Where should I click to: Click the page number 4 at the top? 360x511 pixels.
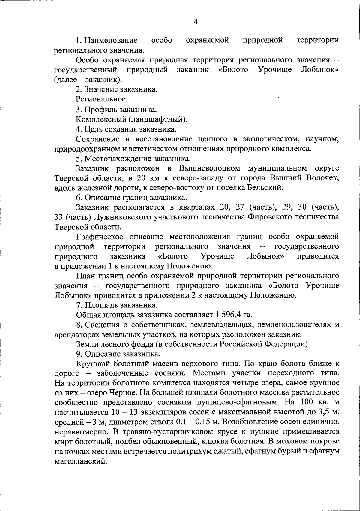[x=196, y=22]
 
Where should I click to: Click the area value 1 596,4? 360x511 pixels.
[x=229, y=315]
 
